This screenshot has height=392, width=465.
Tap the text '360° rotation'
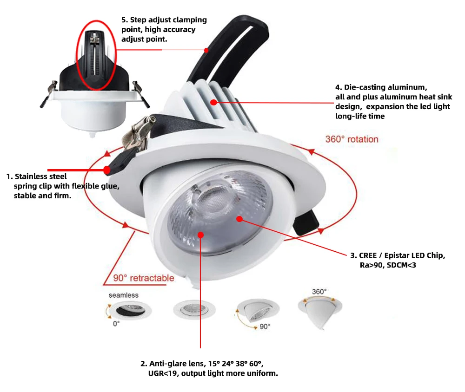352,139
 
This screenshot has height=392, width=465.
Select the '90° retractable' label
144,278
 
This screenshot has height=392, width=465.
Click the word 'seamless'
124,295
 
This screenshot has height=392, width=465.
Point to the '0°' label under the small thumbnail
116,323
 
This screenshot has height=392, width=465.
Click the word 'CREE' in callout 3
369,255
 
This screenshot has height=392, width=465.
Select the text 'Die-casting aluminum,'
381,87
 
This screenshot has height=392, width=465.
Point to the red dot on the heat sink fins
213,102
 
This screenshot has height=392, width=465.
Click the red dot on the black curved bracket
206,50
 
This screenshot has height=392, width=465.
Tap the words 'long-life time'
360,116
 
